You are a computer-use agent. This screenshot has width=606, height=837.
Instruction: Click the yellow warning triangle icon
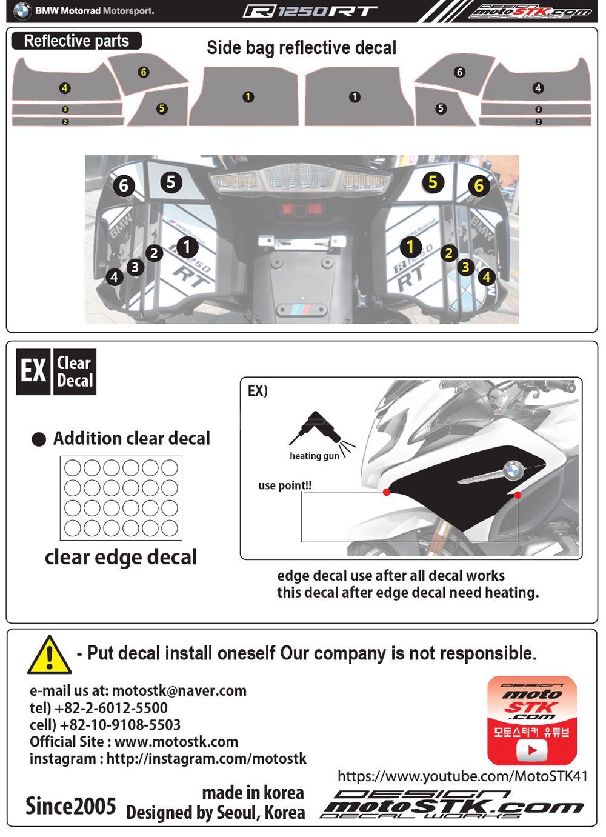(x=50, y=656)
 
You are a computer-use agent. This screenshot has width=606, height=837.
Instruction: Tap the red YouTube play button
(x=532, y=750)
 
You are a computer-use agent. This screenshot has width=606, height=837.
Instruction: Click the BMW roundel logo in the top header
(x=22, y=10)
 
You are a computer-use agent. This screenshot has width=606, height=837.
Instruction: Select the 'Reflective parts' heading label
(x=76, y=41)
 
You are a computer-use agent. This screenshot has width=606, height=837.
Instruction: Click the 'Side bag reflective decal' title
(x=301, y=48)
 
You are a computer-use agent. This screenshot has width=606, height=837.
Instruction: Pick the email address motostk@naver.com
(x=179, y=691)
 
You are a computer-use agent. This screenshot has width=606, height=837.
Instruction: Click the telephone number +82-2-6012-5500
(x=111, y=708)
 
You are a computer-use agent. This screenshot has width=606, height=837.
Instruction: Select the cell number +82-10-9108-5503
(x=120, y=725)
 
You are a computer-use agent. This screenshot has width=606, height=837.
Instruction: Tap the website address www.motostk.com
(x=176, y=742)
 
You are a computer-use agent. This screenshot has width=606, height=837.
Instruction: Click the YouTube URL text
(x=462, y=776)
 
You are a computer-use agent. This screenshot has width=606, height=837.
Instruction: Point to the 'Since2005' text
(x=70, y=806)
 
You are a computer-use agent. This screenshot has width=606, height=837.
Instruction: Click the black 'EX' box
(x=33, y=372)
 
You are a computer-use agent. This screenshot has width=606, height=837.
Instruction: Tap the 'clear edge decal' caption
(x=121, y=557)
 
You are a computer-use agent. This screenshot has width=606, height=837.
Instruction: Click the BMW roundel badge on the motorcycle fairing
(x=513, y=469)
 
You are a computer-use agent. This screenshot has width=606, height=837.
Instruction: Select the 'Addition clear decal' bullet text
(x=132, y=438)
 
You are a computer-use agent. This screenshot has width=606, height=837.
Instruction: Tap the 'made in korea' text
(x=253, y=793)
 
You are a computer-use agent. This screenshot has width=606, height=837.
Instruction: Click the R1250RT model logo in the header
(x=310, y=11)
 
